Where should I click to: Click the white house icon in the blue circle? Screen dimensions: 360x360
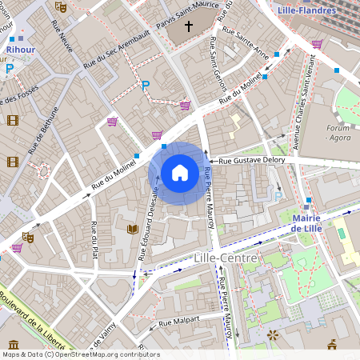tap(180, 172)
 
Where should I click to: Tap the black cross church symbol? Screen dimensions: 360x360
tap(189, 27)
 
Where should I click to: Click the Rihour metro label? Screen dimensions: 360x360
tap(19, 49)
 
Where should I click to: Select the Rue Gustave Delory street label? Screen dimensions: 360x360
tap(251, 161)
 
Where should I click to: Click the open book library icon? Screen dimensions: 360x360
tap(133, 230)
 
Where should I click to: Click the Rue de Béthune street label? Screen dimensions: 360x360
tap(44, 130)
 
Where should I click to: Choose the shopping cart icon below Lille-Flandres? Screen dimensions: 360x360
tap(317, 44)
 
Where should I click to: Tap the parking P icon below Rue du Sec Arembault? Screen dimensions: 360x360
tap(145, 86)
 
